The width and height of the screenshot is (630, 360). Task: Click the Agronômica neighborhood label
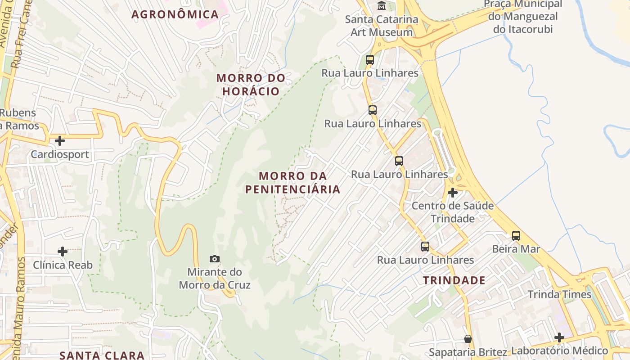click(175, 14)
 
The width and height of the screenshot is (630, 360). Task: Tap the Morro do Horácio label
click(251, 85)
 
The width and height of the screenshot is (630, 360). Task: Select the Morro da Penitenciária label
click(292, 182)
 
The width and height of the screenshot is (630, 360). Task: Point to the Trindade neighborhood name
click(454, 280)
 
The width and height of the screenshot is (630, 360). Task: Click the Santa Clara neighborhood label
click(102, 355)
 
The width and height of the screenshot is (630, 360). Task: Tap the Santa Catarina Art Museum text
click(382, 26)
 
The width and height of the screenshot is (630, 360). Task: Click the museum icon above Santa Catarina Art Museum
click(382, 6)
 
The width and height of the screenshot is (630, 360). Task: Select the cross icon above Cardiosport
click(59, 141)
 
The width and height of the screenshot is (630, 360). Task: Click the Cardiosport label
click(60, 155)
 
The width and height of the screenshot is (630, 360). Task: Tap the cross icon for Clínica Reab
click(63, 252)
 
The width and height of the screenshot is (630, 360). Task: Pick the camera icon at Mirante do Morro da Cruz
click(215, 259)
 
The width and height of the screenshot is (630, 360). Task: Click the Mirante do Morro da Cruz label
click(215, 279)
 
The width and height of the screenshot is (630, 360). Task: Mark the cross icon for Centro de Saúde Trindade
click(453, 193)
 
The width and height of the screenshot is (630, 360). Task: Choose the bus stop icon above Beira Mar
click(516, 235)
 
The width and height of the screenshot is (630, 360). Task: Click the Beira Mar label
click(516, 249)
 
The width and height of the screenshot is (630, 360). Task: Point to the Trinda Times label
click(559, 294)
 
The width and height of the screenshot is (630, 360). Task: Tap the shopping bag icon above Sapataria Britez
click(468, 339)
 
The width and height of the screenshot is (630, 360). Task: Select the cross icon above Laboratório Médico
click(559, 337)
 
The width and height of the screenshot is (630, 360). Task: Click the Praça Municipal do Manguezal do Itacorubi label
click(523, 17)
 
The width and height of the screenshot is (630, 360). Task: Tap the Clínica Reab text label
click(63, 265)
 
